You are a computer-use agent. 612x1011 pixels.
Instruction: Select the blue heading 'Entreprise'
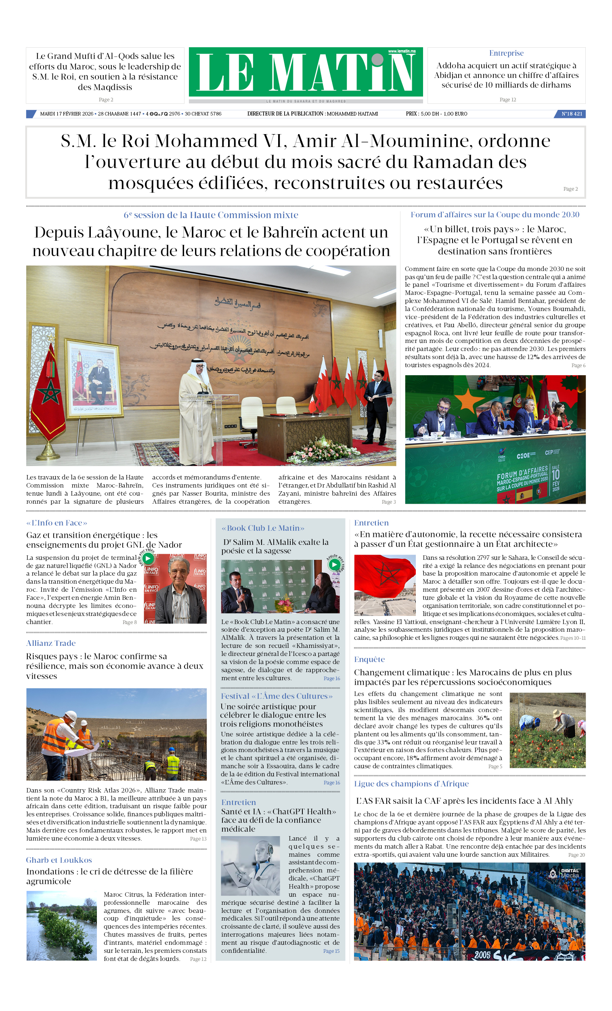coord(506,53)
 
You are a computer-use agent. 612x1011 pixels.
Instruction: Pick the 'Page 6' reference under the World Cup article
coord(578,366)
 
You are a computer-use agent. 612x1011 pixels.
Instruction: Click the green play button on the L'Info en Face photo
coord(148,559)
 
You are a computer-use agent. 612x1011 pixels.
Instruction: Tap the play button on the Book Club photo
coord(334,565)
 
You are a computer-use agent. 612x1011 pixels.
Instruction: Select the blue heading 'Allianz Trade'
coord(51,643)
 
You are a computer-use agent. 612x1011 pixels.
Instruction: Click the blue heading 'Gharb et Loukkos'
coord(59,860)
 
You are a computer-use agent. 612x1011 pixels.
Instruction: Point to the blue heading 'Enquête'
coord(369,659)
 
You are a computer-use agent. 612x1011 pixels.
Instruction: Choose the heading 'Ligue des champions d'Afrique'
coord(411,784)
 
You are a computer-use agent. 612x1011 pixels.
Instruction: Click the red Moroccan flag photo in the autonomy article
coord(385,585)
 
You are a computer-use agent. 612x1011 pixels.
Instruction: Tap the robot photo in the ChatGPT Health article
coord(250,866)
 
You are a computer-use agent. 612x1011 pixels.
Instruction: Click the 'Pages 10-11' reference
coord(572,638)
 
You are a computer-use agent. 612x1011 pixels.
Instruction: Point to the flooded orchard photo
coord(61,926)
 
